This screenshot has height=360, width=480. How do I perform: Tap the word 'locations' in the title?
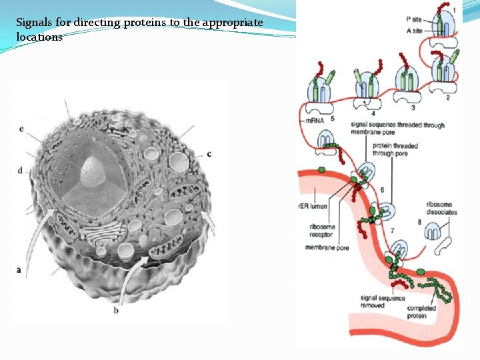pyautogui.click(x=39, y=37)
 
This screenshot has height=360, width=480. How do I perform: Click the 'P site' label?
pyautogui.click(x=414, y=19)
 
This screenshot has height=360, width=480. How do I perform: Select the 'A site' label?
pyautogui.click(x=414, y=31)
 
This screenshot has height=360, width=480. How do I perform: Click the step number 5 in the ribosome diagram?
pyautogui.click(x=332, y=119)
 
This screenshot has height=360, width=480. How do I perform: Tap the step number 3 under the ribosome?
pyautogui.click(x=413, y=107)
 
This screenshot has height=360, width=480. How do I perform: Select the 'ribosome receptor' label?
pyautogui.click(x=322, y=231)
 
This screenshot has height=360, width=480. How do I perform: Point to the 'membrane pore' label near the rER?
pyautogui.click(x=327, y=248)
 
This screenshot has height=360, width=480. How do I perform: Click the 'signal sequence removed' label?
pyautogui.click(x=381, y=302)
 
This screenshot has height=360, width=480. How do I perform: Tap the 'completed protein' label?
pyautogui.click(x=421, y=311)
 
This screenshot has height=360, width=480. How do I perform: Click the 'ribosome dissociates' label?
pyautogui.click(x=441, y=208)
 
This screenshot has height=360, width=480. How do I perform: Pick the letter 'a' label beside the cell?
pyautogui.click(x=18, y=270)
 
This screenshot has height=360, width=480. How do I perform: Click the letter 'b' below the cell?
pyautogui.click(x=116, y=311)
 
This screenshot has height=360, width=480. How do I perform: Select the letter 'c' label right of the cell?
pyautogui.click(x=209, y=154)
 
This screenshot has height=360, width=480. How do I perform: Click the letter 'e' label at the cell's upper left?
pyautogui.click(x=22, y=129)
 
